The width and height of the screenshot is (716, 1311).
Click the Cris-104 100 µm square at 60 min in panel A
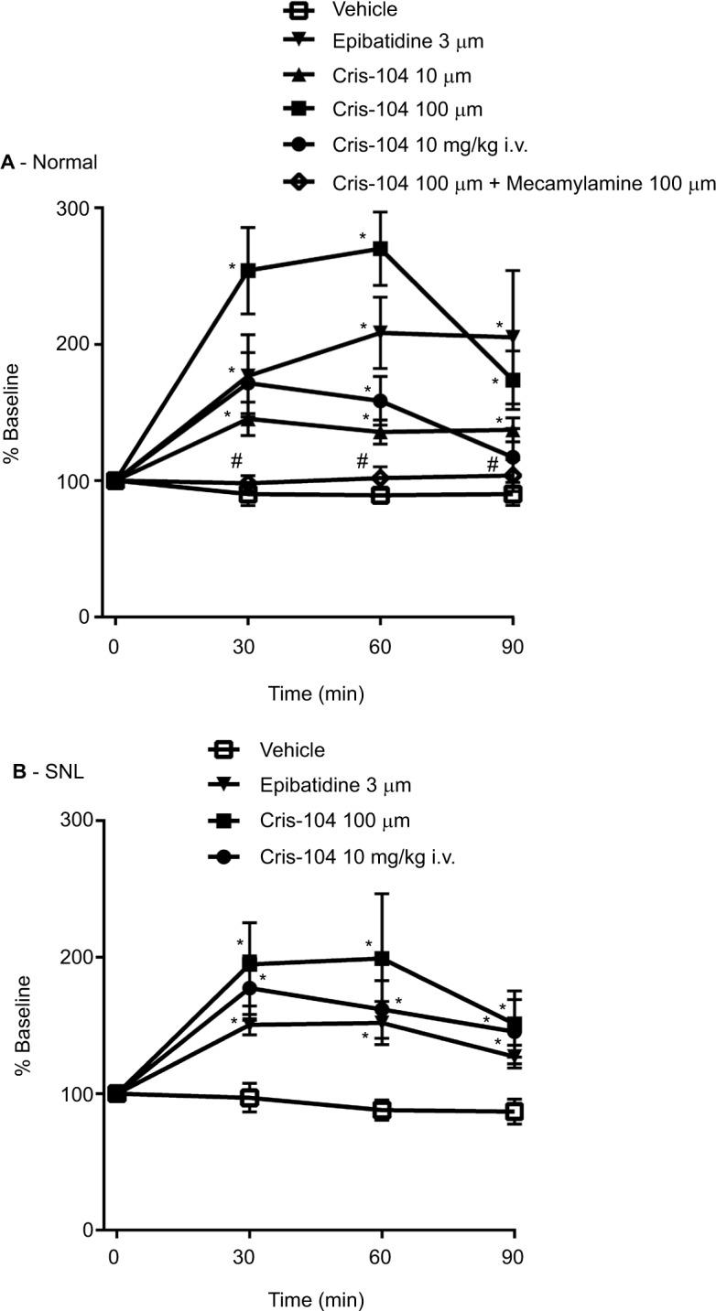[x=380, y=249]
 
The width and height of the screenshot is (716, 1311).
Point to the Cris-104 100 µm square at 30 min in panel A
[x=248, y=271]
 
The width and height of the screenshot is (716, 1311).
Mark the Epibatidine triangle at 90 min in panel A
[x=513, y=337]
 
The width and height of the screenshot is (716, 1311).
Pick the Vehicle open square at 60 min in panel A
[x=380, y=495]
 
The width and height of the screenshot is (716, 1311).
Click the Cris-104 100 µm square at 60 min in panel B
[x=382, y=959]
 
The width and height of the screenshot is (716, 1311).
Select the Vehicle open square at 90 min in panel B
[x=515, y=1112]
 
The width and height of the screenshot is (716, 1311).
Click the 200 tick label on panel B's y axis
[x=76, y=957]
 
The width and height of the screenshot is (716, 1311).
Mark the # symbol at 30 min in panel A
[x=235, y=459]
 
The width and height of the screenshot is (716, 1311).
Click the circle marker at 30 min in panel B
[x=248, y=988]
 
